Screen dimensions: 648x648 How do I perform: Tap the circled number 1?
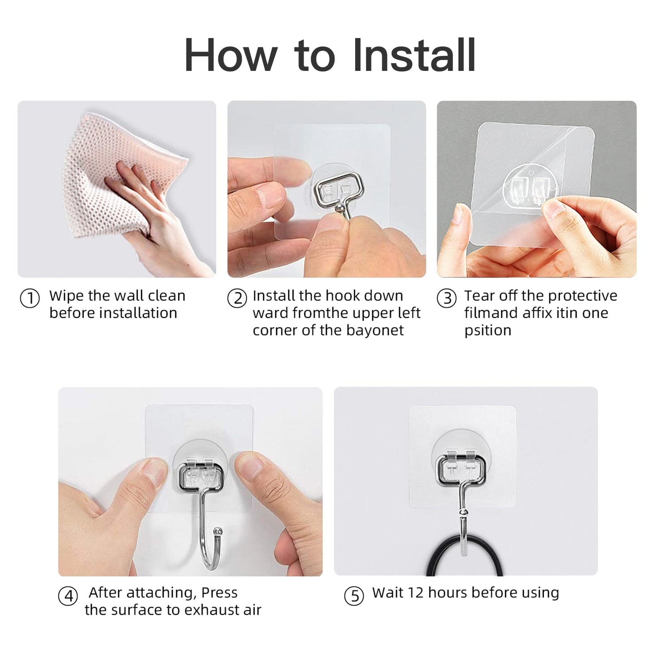(x=30, y=299)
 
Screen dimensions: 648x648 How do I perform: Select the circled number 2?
(x=237, y=299)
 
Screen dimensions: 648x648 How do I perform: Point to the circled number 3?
(x=447, y=299)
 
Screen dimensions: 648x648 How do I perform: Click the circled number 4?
(x=68, y=596)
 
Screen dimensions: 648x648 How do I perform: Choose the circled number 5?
(x=354, y=596)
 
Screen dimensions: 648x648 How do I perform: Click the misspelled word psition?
(x=487, y=331)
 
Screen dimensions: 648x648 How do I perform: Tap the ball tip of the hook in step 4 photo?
(x=218, y=531)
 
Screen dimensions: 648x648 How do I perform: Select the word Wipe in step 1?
(x=67, y=296)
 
